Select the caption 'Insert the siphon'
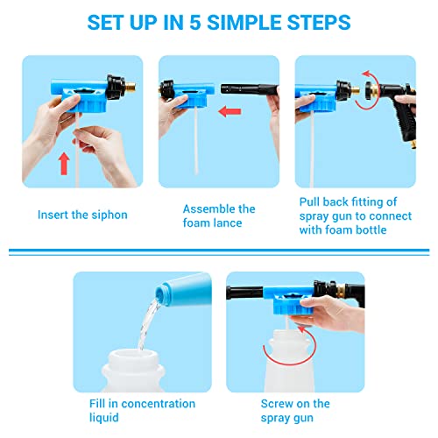tap(82, 214)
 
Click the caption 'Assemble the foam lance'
tap(219, 215)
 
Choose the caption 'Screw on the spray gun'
tap(295, 410)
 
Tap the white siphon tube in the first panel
tap(78, 158)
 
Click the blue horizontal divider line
tap(219, 252)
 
